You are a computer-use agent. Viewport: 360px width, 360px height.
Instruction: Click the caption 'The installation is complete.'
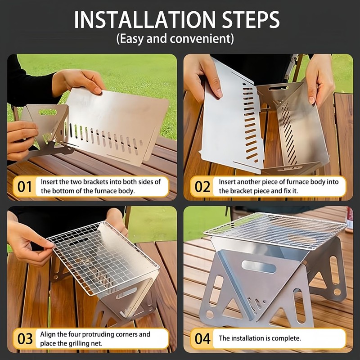click(x=260, y=338)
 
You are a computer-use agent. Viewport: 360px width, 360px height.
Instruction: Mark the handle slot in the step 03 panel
click(x=127, y=293)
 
